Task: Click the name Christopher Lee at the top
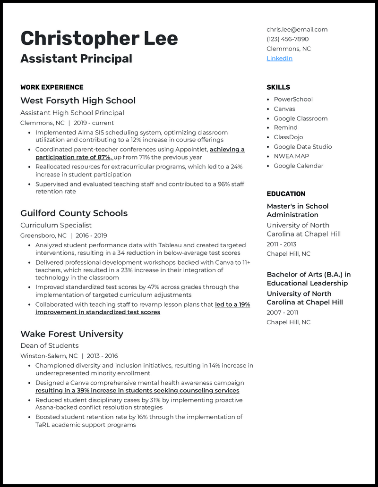click(x=99, y=38)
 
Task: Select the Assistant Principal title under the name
click(x=76, y=59)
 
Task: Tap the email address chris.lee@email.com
click(x=297, y=29)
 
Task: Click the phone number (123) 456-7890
click(x=287, y=39)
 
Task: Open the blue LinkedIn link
click(x=279, y=59)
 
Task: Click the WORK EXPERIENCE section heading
click(x=52, y=87)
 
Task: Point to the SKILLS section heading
click(x=278, y=87)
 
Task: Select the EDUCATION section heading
click(x=286, y=194)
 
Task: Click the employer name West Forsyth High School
click(x=78, y=101)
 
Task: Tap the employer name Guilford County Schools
click(x=74, y=213)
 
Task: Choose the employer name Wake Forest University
click(x=72, y=334)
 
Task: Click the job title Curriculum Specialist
click(x=56, y=226)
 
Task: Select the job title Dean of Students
click(x=49, y=346)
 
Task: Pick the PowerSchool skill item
click(x=293, y=100)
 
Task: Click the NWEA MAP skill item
click(x=292, y=156)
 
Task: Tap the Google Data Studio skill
click(x=302, y=147)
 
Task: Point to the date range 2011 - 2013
click(x=282, y=244)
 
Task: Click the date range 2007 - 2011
click(x=282, y=312)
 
